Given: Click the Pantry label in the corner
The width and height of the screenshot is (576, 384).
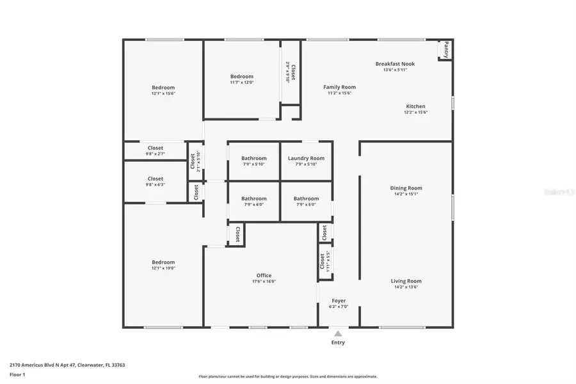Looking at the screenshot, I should coord(446,49).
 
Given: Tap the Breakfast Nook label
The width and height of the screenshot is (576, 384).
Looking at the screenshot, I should coord(395,64).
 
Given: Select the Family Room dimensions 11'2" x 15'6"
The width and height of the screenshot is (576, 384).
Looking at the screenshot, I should coord(339,93).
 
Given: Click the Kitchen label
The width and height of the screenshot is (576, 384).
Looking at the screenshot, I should coord(415,106).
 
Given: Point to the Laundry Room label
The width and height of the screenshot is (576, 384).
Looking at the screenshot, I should coord(306,158).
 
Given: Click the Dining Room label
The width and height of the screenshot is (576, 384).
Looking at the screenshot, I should coord(406,188).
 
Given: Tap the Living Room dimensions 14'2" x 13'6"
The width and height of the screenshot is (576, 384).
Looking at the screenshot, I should coord(406,287).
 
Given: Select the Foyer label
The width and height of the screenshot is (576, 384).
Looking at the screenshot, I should coord(339,301).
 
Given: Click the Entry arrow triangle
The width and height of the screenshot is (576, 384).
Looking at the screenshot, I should coord(338,333).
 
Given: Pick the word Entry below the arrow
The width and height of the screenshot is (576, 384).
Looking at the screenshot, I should coord(338,342).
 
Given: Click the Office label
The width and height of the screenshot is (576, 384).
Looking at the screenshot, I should coord(264,276).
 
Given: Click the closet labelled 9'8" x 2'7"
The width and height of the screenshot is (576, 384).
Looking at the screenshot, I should coord(156,151).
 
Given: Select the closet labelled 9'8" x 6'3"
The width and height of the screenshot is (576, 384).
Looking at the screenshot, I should coord(156,182).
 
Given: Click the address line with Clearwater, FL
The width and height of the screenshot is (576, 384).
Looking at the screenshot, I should coord(67,365).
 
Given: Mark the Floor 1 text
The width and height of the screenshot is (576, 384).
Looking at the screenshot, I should coord(17,374).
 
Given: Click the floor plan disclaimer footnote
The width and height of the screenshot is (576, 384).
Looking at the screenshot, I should coord(288,376).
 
